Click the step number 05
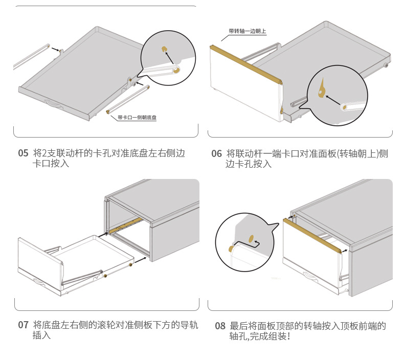click(x=23, y=153)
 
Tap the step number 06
click(x=216, y=153)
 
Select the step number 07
click(x=23, y=325)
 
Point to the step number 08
click(x=220, y=326)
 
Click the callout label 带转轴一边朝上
click(x=247, y=31)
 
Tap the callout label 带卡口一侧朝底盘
click(x=137, y=117)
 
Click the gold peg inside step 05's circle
click(x=165, y=49)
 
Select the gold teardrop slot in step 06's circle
click(x=322, y=89)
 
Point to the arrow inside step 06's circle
click(x=333, y=100)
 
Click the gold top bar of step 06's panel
click(x=246, y=63)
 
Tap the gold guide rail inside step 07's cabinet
click(x=125, y=226)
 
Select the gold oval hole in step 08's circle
click(x=251, y=237)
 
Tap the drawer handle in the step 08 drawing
click(x=309, y=277)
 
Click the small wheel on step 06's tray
click(x=386, y=66)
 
